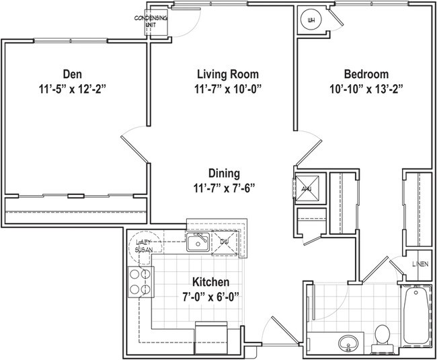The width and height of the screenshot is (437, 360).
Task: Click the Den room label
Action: point(73,73)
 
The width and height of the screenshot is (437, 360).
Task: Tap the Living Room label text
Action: point(228,73)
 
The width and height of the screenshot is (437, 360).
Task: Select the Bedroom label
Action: point(366,73)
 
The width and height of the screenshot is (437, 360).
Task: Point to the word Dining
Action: point(224,173)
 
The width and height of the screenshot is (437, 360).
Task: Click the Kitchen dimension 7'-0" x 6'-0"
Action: point(210,296)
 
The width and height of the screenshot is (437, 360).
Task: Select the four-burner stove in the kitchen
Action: point(140,283)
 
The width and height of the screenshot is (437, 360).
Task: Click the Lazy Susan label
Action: point(145,246)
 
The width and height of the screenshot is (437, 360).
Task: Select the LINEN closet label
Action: point(420,264)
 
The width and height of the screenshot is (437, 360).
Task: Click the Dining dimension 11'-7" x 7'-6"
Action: point(224,188)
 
